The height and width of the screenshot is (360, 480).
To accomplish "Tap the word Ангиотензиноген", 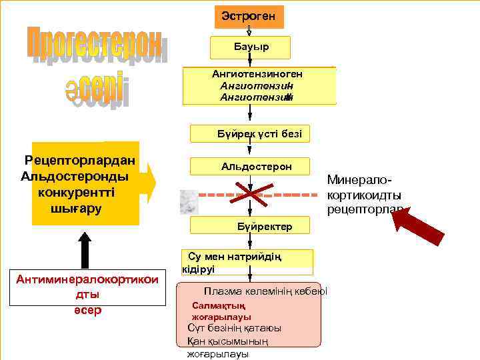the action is click(x=257, y=74).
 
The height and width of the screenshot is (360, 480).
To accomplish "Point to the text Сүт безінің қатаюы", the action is click(x=234, y=328).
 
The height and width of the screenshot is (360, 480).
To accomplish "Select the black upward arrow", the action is click(x=85, y=250).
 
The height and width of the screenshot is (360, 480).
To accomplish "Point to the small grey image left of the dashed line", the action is click(x=190, y=202).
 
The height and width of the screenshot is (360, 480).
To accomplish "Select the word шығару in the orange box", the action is click(x=77, y=207).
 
